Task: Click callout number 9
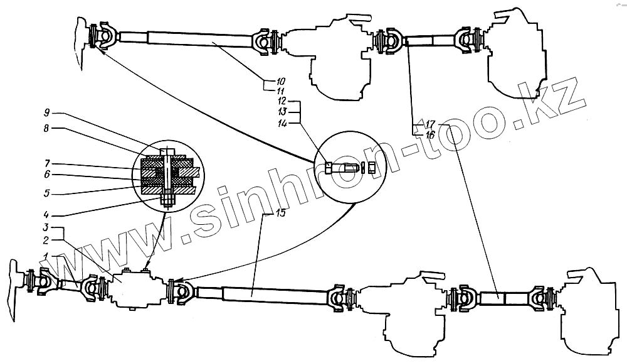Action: pyautogui.click(x=46, y=113)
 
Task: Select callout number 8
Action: pyautogui.click(x=46, y=128)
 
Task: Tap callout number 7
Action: pyautogui.click(x=46, y=163)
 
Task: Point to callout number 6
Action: pyautogui.click(x=46, y=173)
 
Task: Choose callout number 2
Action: pyautogui.click(x=46, y=240)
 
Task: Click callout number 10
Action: pyautogui.click(x=280, y=81)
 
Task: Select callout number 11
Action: pyautogui.click(x=280, y=91)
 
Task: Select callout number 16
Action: pyautogui.click(x=429, y=134)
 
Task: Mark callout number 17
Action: pyautogui.click(x=429, y=124)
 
